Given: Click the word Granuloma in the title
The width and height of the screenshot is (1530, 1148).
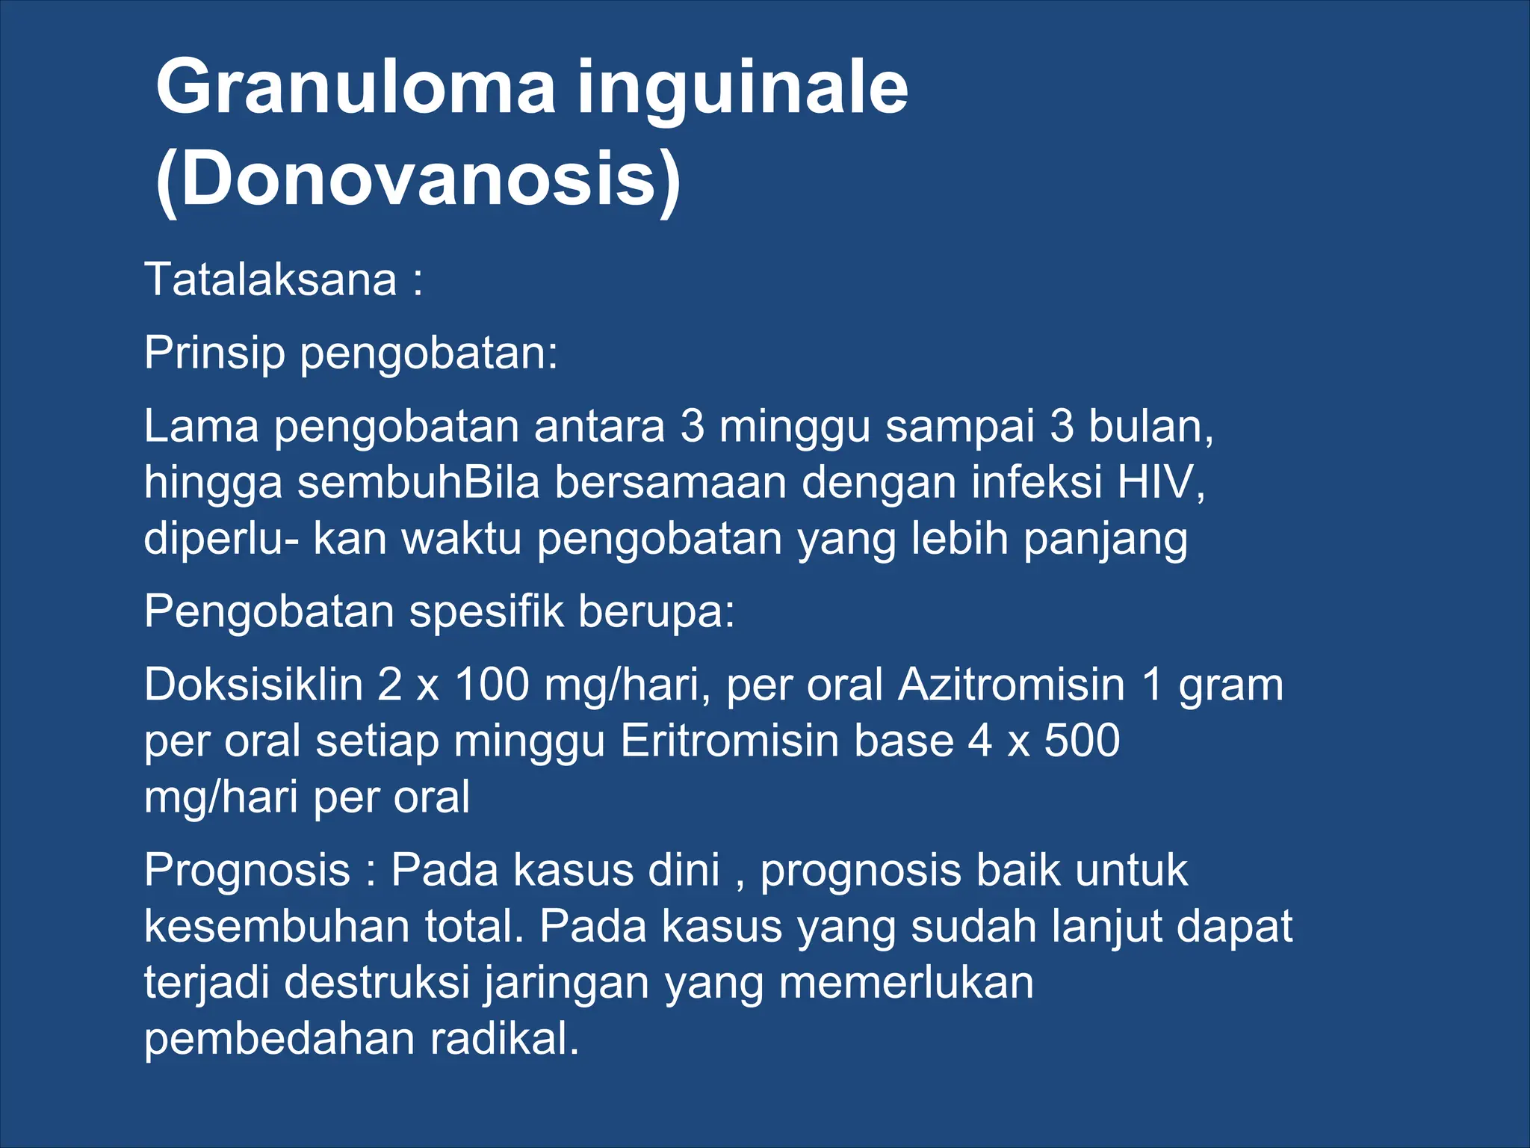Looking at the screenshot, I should point(356,88).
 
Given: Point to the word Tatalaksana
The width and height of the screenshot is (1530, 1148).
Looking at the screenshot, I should point(270,280).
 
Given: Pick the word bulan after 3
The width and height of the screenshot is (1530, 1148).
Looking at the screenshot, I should point(1150,426).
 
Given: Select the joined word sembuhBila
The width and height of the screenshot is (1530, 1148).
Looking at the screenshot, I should point(418,482).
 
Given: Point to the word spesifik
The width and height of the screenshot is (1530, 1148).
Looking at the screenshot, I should point(486,611).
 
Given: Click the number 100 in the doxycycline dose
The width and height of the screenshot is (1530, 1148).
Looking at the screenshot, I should point(493,685).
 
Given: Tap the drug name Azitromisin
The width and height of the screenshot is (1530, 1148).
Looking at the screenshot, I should point(1012,685).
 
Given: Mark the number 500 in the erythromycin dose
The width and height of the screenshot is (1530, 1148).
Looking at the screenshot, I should point(1082,741).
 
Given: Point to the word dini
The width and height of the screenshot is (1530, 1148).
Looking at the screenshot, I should point(684,871).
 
